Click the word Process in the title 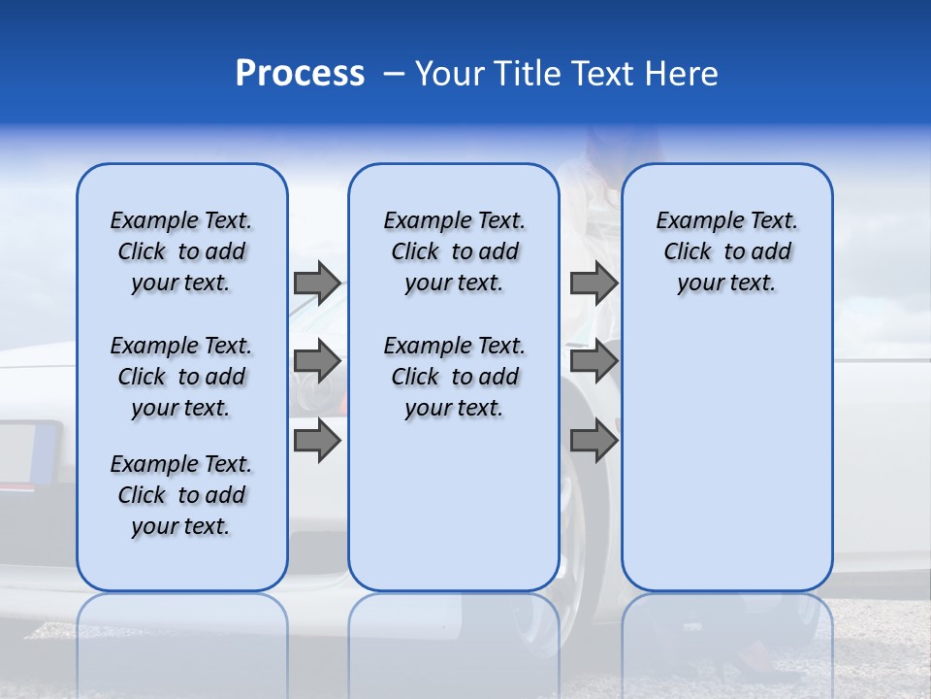pyautogui.click(x=299, y=74)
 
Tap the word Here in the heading pyautogui.click(x=681, y=74)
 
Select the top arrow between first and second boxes pyautogui.click(x=317, y=283)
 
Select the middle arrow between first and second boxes pyautogui.click(x=317, y=361)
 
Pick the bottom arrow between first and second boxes pyautogui.click(x=317, y=441)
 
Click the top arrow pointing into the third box pyautogui.click(x=594, y=283)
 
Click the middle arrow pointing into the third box pyautogui.click(x=594, y=361)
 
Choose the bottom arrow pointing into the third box pyautogui.click(x=594, y=441)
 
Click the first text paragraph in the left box pyautogui.click(x=181, y=251)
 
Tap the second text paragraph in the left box pyautogui.click(x=181, y=377)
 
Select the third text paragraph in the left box pyautogui.click(x=181, y=495)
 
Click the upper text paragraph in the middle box pyautogui.click(x=454, y=251)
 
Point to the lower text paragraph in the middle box pyautogui.click(x=454, y=377)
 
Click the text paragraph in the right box pyautogui.click(x=726, y=251)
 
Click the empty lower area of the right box pyautogui.click(x=726, y=456)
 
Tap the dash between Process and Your pyautogui.click(x=394, y=74)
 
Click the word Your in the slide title pyautogui.click(x=449, y=74)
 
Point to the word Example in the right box pyautogui.click(x=692, y=221)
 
